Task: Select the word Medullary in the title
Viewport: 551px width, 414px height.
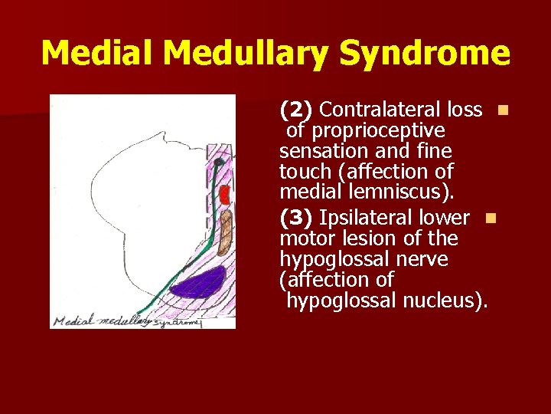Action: pyautogui.click(x=246, y=54)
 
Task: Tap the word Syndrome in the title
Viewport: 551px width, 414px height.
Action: pyautogui.click(x=425, y=54)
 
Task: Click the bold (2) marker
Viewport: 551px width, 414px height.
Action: pyautogui.click(x=295, y=110)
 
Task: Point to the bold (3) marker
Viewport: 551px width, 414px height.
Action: pyautogui.click(x=295, y=219)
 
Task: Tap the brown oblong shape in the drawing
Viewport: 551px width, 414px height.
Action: pyautogui.click(x=224, y=232)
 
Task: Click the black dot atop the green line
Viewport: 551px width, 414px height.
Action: pyautogui.click(x=219, y=163)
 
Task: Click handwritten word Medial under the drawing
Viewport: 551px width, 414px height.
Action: pyautogui.click(x=71, y=321)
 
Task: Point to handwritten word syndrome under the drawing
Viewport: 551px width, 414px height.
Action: pyautogui.click(x=177, y=323)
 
